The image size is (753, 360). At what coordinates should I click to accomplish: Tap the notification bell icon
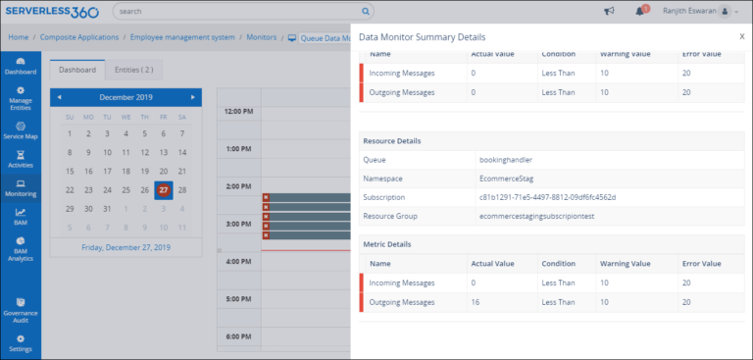click(639, 12)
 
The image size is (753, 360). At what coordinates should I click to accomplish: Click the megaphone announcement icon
click(608, 12)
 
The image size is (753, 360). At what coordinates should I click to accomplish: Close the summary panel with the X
click(741, 36)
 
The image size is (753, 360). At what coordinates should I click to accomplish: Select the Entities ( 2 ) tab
click(133, 71)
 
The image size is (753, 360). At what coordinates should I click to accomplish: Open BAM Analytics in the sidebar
click(21, 249)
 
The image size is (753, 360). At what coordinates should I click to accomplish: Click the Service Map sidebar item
click(21, 130)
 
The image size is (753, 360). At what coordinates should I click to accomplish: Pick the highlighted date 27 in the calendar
click(164, 190)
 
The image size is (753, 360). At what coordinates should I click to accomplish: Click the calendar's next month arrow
click(193, 97)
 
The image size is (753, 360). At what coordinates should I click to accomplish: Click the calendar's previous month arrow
click(59, 97)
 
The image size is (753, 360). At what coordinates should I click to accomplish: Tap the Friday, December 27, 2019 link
click(125, 247)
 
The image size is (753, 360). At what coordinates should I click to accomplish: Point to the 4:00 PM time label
click(240, 262)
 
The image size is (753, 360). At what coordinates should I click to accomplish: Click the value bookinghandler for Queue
click(506, 159)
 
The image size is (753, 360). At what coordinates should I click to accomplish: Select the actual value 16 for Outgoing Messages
click(476, 302)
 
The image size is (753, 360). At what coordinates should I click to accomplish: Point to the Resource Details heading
click(392, 140)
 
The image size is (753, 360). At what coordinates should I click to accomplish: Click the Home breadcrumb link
click(19, 36)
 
